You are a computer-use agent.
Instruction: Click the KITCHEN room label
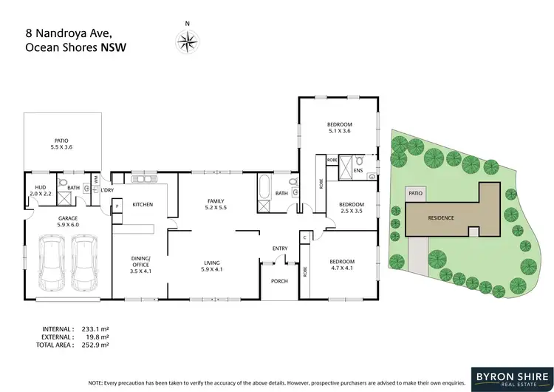pyautogui.click(x=143, y=204)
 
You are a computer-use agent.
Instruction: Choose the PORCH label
pyautogui.click(x=280, y=280)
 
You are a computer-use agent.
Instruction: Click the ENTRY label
pyautogui.click(x=280, y=248)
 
